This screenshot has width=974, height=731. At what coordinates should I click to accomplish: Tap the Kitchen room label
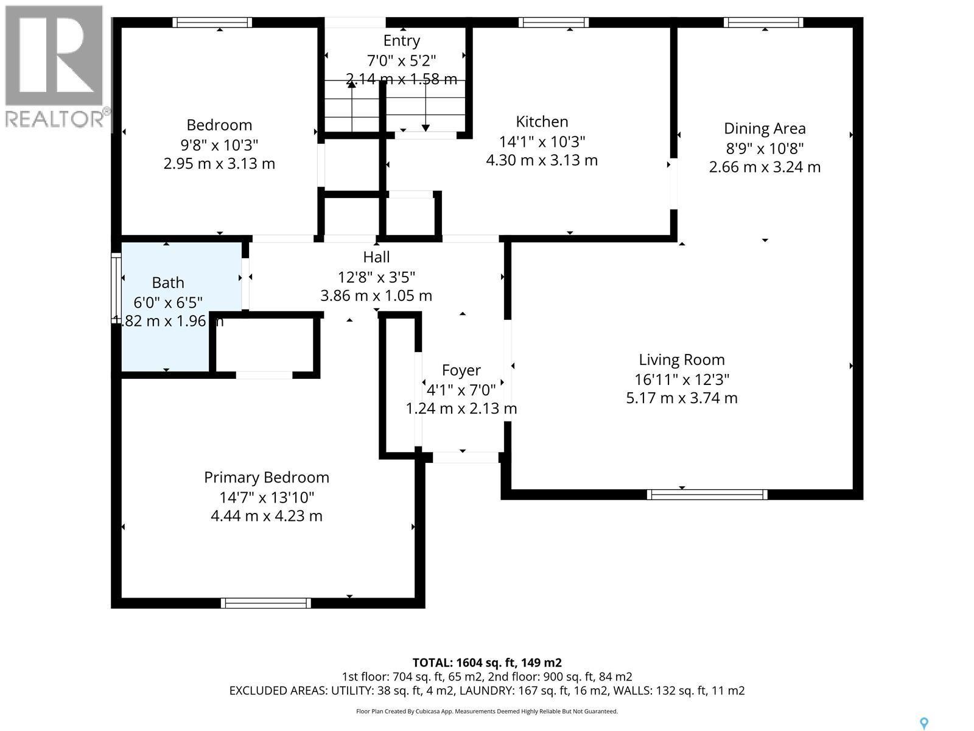coord(542,122)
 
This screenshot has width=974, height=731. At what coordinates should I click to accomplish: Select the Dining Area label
coord(765,129)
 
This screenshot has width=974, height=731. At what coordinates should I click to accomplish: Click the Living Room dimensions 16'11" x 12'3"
coord(682,380)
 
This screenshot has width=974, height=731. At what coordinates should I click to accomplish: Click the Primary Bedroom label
coord(266,478)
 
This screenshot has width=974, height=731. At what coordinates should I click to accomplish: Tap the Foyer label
coord(461,370)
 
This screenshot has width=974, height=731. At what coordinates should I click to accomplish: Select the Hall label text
coord(376,257)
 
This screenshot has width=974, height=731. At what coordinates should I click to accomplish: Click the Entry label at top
coord(401,41)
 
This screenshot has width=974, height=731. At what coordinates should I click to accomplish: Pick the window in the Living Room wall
coord(707,494)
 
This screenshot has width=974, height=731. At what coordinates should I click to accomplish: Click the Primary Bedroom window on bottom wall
coord(266,603)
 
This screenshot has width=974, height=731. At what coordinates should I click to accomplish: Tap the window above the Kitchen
coord(553,23)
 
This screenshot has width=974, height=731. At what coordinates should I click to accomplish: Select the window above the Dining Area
coord(763,23)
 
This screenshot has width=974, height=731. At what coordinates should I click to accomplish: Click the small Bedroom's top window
coord(212,23)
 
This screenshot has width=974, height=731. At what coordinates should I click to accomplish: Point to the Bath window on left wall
coord(116,283)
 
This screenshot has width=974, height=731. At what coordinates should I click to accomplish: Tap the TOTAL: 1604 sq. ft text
coord(487,662)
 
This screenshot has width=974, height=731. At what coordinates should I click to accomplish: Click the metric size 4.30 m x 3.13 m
coord(542,161)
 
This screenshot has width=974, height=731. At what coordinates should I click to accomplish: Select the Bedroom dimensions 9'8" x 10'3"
coord(219,145)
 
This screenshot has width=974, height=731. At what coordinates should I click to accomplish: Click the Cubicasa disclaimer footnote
coord(487,711)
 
